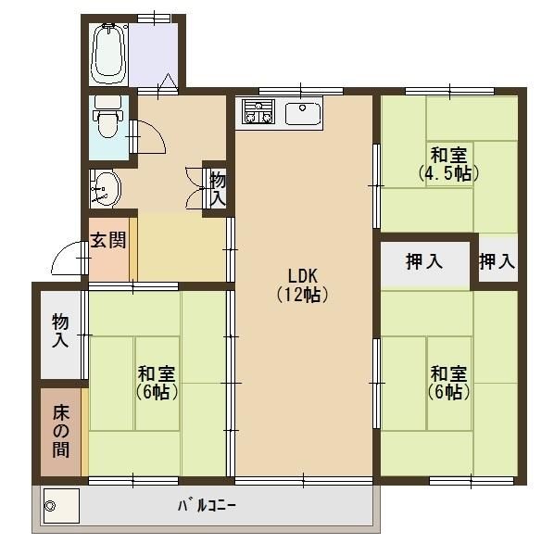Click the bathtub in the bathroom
pos(109,52)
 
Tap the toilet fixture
pos(109,121)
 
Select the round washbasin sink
pos(107,189)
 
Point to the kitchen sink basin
pos(302,114)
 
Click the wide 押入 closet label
pos(424,262)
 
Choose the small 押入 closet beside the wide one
pos(497,262)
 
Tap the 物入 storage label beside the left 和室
pos(60,331)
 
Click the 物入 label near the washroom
pos(218,188)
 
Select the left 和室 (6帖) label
pos(157,383)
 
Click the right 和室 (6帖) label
pos(449,383)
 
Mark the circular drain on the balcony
pos(51,507)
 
